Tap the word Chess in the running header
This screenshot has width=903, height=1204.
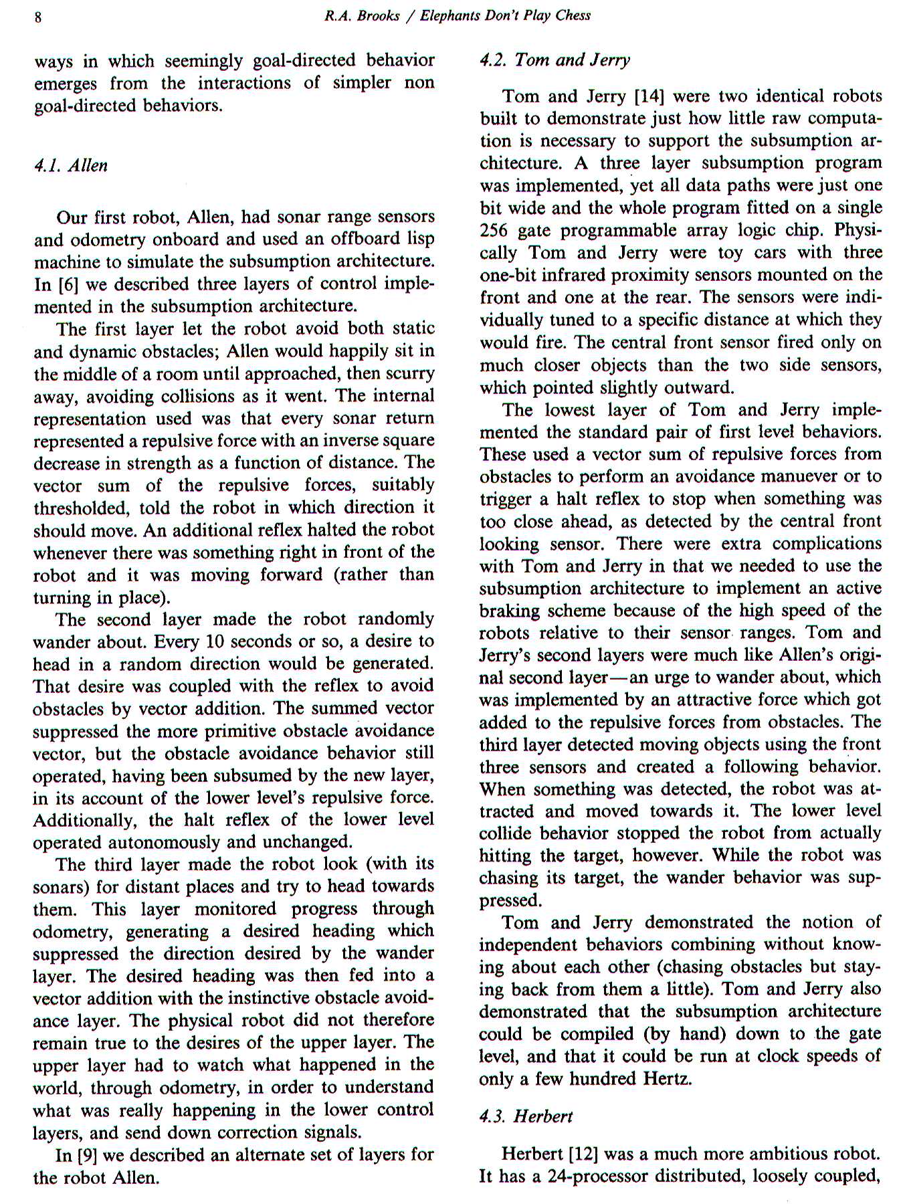click(573, 15)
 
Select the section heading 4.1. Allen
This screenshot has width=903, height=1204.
click(70, 166)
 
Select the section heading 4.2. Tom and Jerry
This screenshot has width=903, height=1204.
click(555, 60)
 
